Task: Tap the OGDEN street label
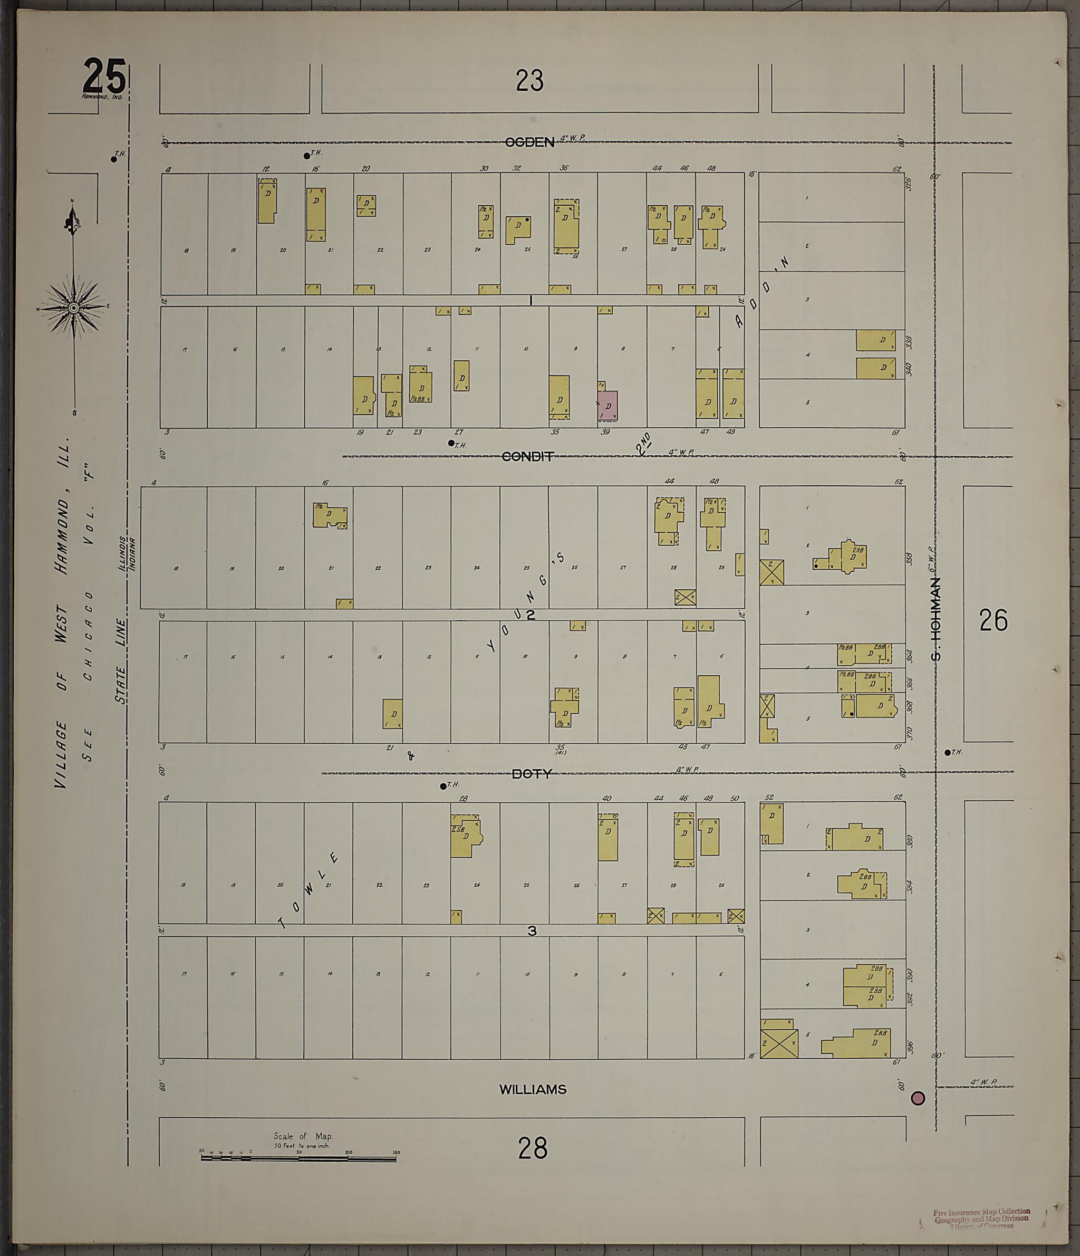pos(529,142)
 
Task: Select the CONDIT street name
pos(527,457)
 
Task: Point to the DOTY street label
pos(532,774)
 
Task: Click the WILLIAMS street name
pos(532,1090)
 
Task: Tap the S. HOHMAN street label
pos(937,618)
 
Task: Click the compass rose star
pos(74,308)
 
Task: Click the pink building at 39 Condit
pos(608,406)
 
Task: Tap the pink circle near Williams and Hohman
pos(918,1098)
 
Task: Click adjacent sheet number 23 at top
pos(529,81)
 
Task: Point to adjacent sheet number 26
pos(994,620)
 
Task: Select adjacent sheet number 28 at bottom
pos(532,1148)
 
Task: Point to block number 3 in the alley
pos(532,931)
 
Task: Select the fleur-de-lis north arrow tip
pos(72,218)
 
